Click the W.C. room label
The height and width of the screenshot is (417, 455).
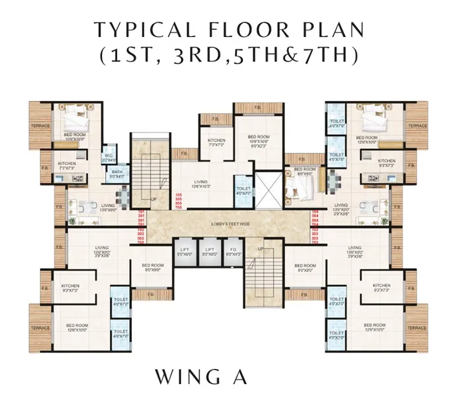click(x=109, y=156)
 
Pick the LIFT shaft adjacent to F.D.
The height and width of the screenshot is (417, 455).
click(x=209, y=252)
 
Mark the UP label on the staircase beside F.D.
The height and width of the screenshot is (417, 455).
click(x=260, y=249)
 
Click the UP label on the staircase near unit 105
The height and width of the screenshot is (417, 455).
click(x=153, y=199)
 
